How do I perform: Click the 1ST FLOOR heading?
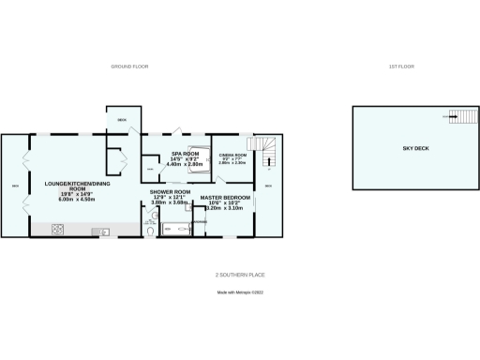tap(400, 67)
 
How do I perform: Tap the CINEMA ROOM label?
tap(232, 154)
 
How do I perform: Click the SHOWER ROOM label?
tap(170, 191)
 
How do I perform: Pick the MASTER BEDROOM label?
tap(225, 197)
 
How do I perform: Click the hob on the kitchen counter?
tap(57, 230)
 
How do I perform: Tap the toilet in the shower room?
tap(152, 228)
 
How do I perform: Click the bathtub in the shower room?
tap(176, 228)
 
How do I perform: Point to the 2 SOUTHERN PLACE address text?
tap(240, 275)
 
